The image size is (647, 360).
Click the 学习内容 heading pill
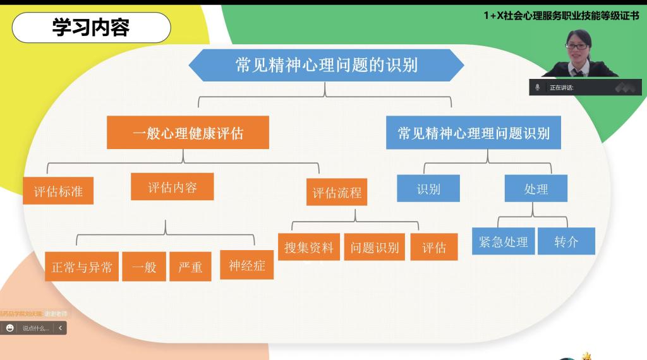click(x=91, y=28)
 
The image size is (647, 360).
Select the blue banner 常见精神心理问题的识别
click(x=326, y=65)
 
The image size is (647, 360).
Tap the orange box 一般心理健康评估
click(x=188, y=133)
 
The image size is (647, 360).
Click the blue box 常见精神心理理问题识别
click(x=473, y=133)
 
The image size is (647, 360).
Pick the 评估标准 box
click(x=58, y=191)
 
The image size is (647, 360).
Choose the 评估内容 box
click(x=172, y=187)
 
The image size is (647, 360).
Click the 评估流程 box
click(x=337, y=192)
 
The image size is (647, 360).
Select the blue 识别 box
click(x=428, y=188)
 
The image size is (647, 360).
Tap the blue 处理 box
click(x=536, y=188)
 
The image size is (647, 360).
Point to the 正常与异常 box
click(x=82, y=267)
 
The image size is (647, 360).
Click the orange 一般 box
click(x=144, y=267)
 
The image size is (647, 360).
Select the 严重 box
click(x=190, y=267)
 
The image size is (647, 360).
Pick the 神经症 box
click(x=246, y=265)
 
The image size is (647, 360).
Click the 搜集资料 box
click(x=309, y=247)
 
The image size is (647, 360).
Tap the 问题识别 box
click(x=375, y=247)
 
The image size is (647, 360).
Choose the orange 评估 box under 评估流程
click(x=434, y=247)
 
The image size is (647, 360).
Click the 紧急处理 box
click(x=504, y=241)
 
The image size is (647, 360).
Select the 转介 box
click(x=566, y=241)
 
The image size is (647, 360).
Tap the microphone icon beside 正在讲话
click(x=538, y=87)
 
